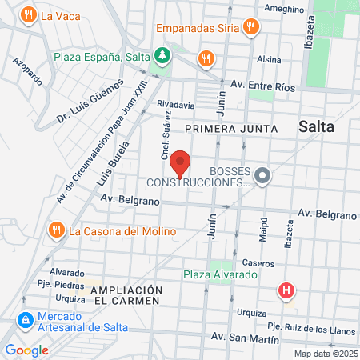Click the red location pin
click(x=181, y=162)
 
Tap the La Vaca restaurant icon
click(x=29, y=14)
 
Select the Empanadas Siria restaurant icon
click(x=251, y=26)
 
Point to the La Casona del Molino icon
click(x=56, y=230)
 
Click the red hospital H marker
click(x=286, y=290)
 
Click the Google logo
click(x=26, y=350)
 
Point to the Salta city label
click(x=318, y=126)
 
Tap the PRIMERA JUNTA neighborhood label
click(x=230, y=128)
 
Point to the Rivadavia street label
click(x=176, y=105)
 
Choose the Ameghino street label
click(x=280, y=9)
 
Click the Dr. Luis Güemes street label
click(x=90, y=102)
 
